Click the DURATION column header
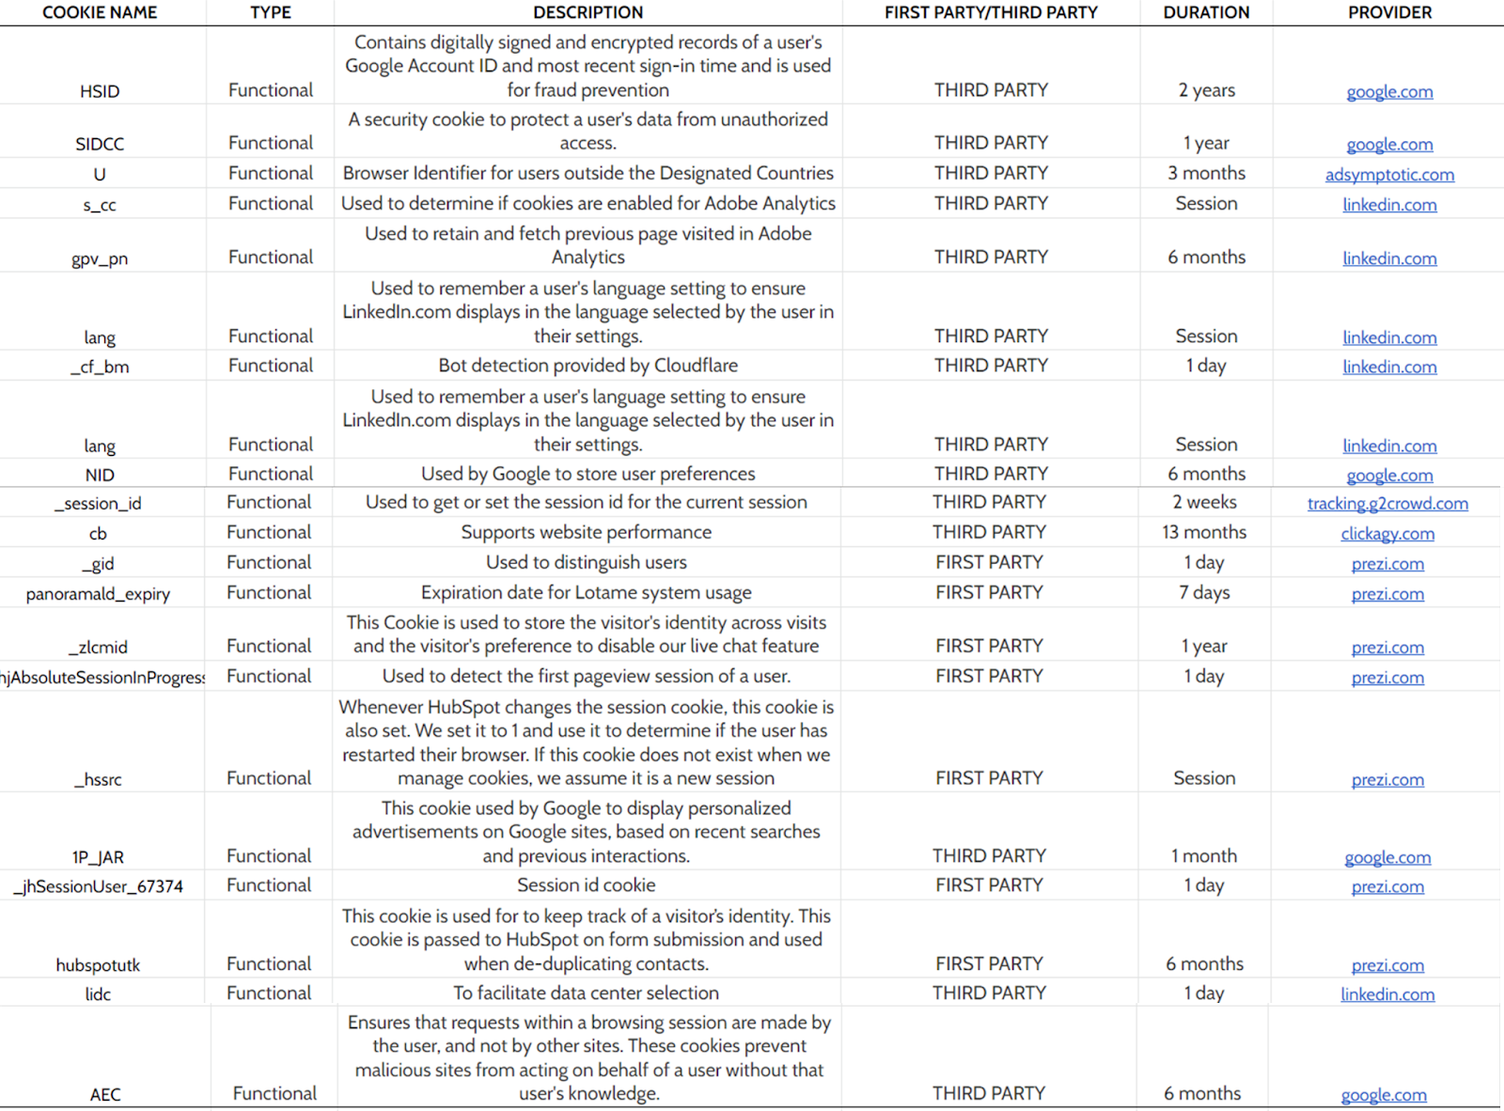point(1206,12)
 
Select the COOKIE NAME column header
point(100,12)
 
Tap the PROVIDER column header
point(1389,12)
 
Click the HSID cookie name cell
point(100,91)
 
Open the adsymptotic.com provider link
point(1389,175)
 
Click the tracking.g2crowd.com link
point(1387,504)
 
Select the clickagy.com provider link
point(1387,534)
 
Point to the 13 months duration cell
point(1204,532)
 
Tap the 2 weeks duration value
point(1204,502)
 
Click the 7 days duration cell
point(1204,592)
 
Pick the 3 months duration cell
point(1206,173)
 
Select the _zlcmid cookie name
point(98,647)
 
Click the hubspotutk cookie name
point(98,965)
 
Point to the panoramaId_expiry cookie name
point(98,594)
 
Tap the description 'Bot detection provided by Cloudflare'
point(587,366)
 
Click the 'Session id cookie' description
point(586,885)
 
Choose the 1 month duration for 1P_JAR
point(1204,856)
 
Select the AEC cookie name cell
point(105,1094)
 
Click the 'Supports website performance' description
point(586,532)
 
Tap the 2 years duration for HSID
point(1206,90)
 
